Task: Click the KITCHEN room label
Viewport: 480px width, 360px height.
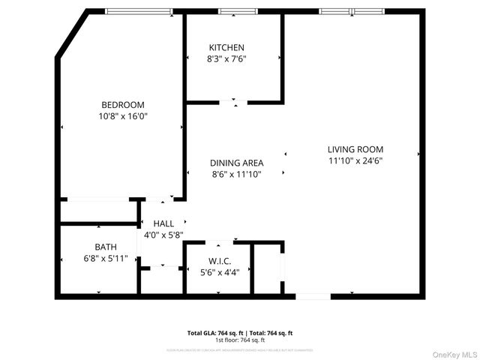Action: (x=226, y=47)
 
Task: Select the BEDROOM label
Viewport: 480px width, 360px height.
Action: (x=123, y=105)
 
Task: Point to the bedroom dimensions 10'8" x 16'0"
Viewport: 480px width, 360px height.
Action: (x=123, y=116)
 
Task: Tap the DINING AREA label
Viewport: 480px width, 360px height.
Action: (x=235, y=163)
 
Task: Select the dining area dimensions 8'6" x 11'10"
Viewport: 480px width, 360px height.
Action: (x=235, y=175)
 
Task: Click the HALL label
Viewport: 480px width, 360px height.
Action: (x=163, y=223)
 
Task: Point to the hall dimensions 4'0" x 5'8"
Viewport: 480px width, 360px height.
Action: (x=163, y=235)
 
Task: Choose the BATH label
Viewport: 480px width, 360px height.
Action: (x=106, y=247)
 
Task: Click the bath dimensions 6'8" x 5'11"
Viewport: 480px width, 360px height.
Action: (x=106, y=258)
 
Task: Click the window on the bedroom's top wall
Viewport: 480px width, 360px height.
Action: (x=138, y=11)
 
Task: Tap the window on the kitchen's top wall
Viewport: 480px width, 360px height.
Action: (x=232, y=11)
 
